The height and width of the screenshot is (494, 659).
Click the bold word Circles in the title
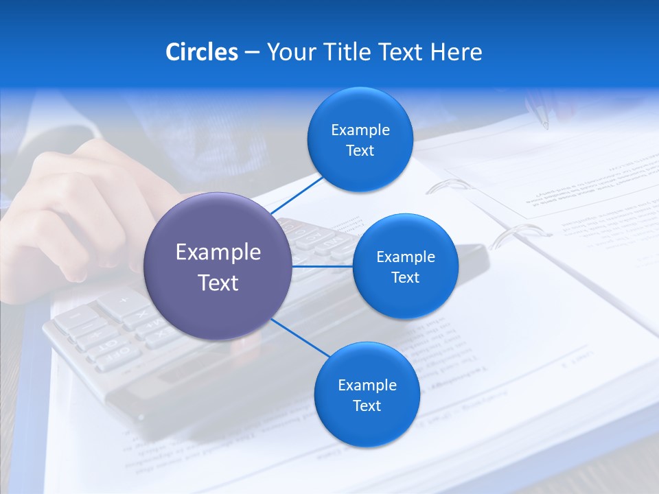[201, 52]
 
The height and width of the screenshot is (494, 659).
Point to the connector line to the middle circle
[323, 266]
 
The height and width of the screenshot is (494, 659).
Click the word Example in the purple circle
[218, 252]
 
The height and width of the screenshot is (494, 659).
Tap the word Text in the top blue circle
[360, 151]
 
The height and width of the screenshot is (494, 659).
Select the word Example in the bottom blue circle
[367, 385]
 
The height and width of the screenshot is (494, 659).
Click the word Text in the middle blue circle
[405, 278]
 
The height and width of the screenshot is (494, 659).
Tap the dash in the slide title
[252, 52]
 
